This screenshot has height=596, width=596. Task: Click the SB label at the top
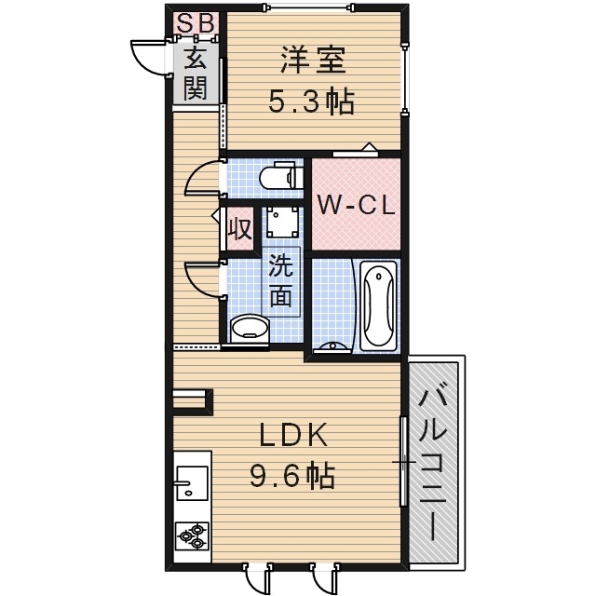pyautogui.click(x=195, y=21)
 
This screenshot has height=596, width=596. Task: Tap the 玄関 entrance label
pyautogui.click(x=195, y=74)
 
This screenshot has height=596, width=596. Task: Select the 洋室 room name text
pyautogui.click(x=312, y=60)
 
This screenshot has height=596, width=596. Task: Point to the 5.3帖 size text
pyautogui.click(x=312, y=102)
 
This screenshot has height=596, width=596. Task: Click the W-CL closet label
pyautogui.click(x=355, y=205)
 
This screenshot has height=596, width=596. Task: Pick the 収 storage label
pyautogui.click(x=238, y=229)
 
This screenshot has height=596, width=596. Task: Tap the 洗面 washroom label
pyautogui.click(x=281, y=281)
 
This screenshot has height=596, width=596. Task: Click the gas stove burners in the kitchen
pyautogui.click(x=193, y=535)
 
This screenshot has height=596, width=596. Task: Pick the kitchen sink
pyautogui.click(x=191, y=482)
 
